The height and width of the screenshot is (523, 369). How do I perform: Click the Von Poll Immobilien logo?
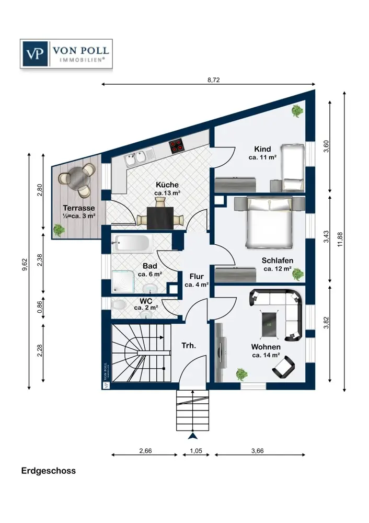click(65, 54)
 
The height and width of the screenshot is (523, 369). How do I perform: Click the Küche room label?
click(167, 185)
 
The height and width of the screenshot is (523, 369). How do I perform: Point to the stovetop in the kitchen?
click(177, 145)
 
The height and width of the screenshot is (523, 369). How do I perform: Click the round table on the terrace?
click(77, 177)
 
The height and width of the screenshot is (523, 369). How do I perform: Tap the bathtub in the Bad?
click(131, 243)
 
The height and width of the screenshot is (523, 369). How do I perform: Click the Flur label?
click(197, 277)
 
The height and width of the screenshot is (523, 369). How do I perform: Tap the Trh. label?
click(188, 346)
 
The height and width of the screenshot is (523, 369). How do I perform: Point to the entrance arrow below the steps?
click(193, 435)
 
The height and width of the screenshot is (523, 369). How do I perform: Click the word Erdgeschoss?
click(49, 471)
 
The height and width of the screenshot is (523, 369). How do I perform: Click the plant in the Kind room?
click(297, 111)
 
